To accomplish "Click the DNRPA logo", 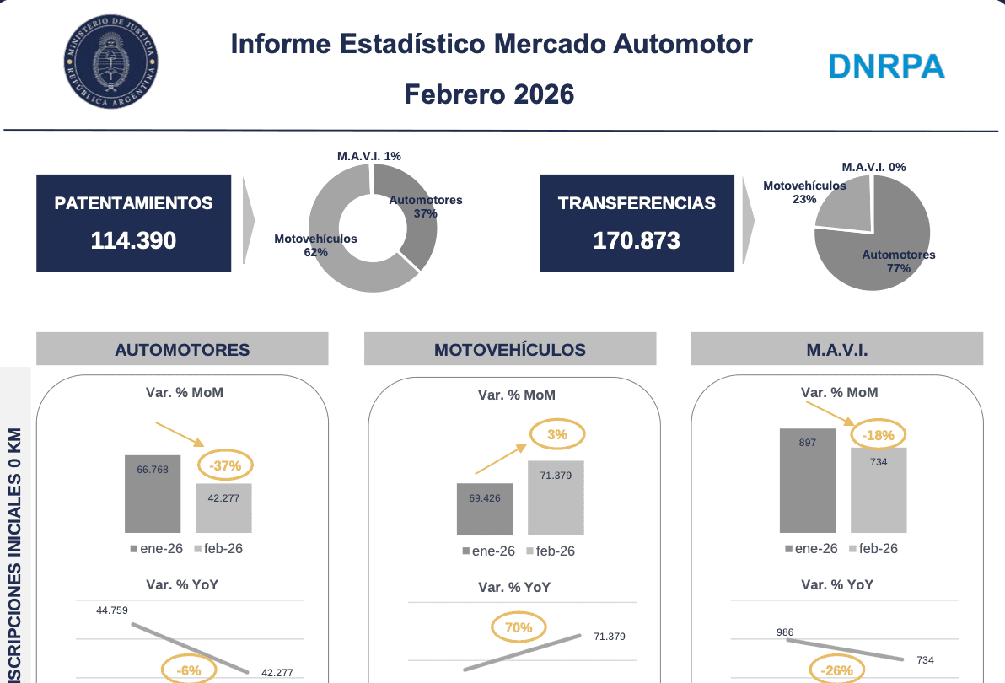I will [x=886, y=66].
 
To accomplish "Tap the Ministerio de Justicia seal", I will [x=110, y=64].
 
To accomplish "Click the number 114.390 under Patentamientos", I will [x=133, y=240].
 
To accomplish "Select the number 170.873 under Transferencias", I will [x=637, y=240].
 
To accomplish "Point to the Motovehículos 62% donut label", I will [x=315, y=245].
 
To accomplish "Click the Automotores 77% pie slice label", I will [x=898, y=261].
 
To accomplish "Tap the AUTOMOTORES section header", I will [x=182, y=349].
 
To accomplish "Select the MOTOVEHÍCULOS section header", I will [x=509, y=349].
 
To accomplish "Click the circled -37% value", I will [x=225, y=465].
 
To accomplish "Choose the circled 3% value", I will [x=556, y=435].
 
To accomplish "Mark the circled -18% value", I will [x=878, y=436].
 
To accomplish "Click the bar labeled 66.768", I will [x=153, y=494].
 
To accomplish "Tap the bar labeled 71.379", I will [x=556, y=497].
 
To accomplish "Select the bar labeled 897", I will [x=807, y=480].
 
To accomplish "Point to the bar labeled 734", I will [x=878, y=490].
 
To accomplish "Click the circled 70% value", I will [x=519, y=627].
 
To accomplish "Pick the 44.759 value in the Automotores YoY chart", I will [x=112, y=610].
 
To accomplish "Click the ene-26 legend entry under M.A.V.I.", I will [x=811, y=548].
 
